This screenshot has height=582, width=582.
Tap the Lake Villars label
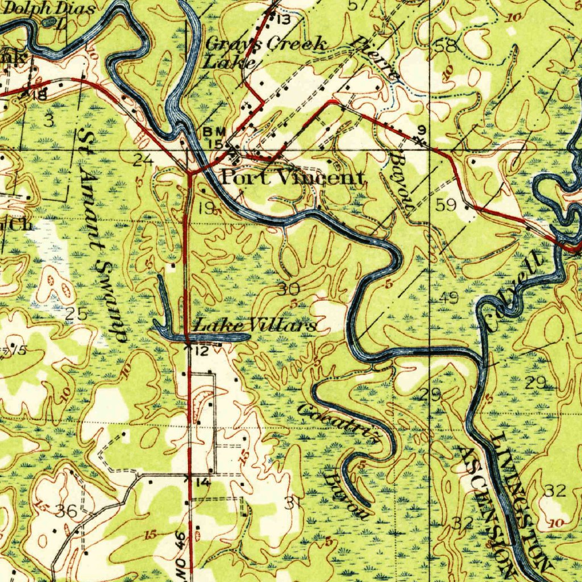click(x=255, y=326)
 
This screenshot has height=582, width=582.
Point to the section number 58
click(x=447, y=47)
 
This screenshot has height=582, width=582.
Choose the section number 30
click(x=289, y=289)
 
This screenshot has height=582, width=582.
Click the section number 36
click(x=66, y=511)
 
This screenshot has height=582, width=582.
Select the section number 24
click(x=143, y=160)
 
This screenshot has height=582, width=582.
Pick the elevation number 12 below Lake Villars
click(x=202, y=351)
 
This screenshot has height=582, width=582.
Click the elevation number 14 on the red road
click(x=203, y=483)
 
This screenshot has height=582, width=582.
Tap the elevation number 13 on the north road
click(x=283, y=20)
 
